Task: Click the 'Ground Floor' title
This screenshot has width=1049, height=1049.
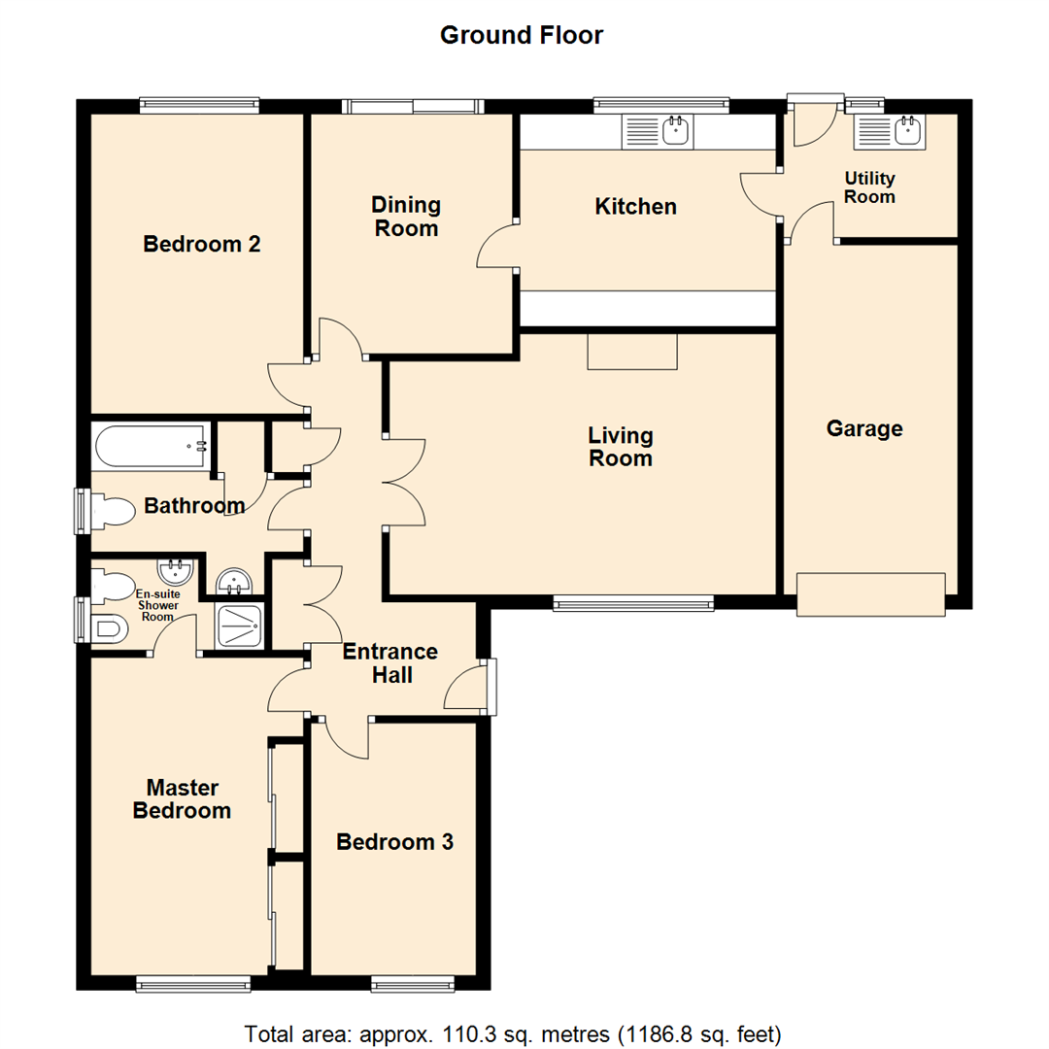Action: click(522, 36)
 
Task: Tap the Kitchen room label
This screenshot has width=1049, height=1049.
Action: click(635, 207)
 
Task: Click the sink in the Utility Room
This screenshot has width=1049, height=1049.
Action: click(889, 131)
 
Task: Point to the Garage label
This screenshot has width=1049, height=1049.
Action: click(864, 428)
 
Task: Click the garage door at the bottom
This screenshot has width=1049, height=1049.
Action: click(870, 593)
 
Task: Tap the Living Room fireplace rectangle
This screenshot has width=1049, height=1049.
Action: click(631, 352)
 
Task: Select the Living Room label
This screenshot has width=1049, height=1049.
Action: click(621, 447)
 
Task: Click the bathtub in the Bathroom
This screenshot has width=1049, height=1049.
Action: click(151, 447)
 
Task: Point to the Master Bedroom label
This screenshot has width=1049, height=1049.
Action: click(182, 798)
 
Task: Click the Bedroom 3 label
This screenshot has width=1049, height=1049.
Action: click(394, 842)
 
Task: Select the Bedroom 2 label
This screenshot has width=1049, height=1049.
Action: click(201, 244)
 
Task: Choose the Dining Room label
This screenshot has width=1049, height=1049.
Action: click(406, 217)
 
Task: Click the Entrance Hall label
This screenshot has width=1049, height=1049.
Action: click(391, 663)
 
